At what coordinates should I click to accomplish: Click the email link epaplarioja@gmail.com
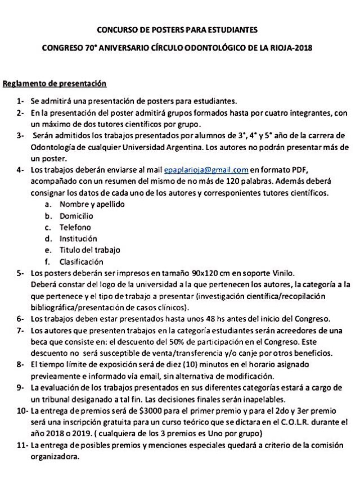[x=206, y=170]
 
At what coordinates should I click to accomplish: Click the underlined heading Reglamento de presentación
[x=55, y=84]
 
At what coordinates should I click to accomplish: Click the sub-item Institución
[x=79, y=238]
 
